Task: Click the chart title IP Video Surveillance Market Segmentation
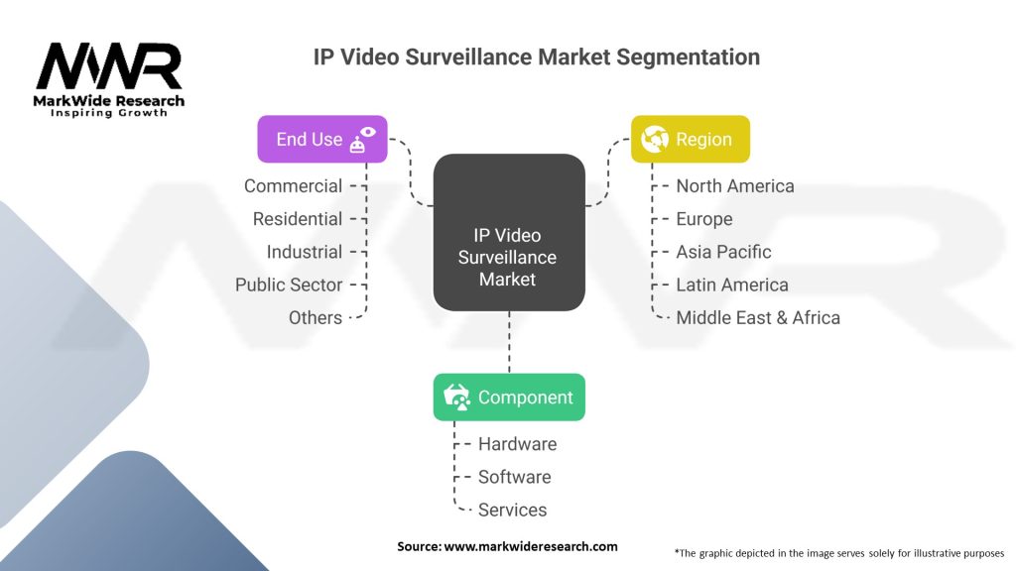click(x=537, y=57)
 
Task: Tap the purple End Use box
click(x=321, y=140)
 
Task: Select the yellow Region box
click(x=691, y=140)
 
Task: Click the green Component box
click(x=509, y=398)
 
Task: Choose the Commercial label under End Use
click(x=293, y=186)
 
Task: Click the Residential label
click(x=297, y=219)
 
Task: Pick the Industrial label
click(x=304, y=252)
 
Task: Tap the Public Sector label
click(x=288, y=285)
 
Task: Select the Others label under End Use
click(x=315, y=317)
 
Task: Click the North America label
click(x=734, y=186)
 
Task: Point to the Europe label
click(x=703, y=219)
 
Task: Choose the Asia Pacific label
click(x=723, y=252)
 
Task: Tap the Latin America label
click(x=731, y=285)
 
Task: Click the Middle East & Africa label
click(x=757, y=317)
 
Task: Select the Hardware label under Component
click(x=517, y=444)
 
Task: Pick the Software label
click(x=514, y=477)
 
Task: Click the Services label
click(x=512, y=510)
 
